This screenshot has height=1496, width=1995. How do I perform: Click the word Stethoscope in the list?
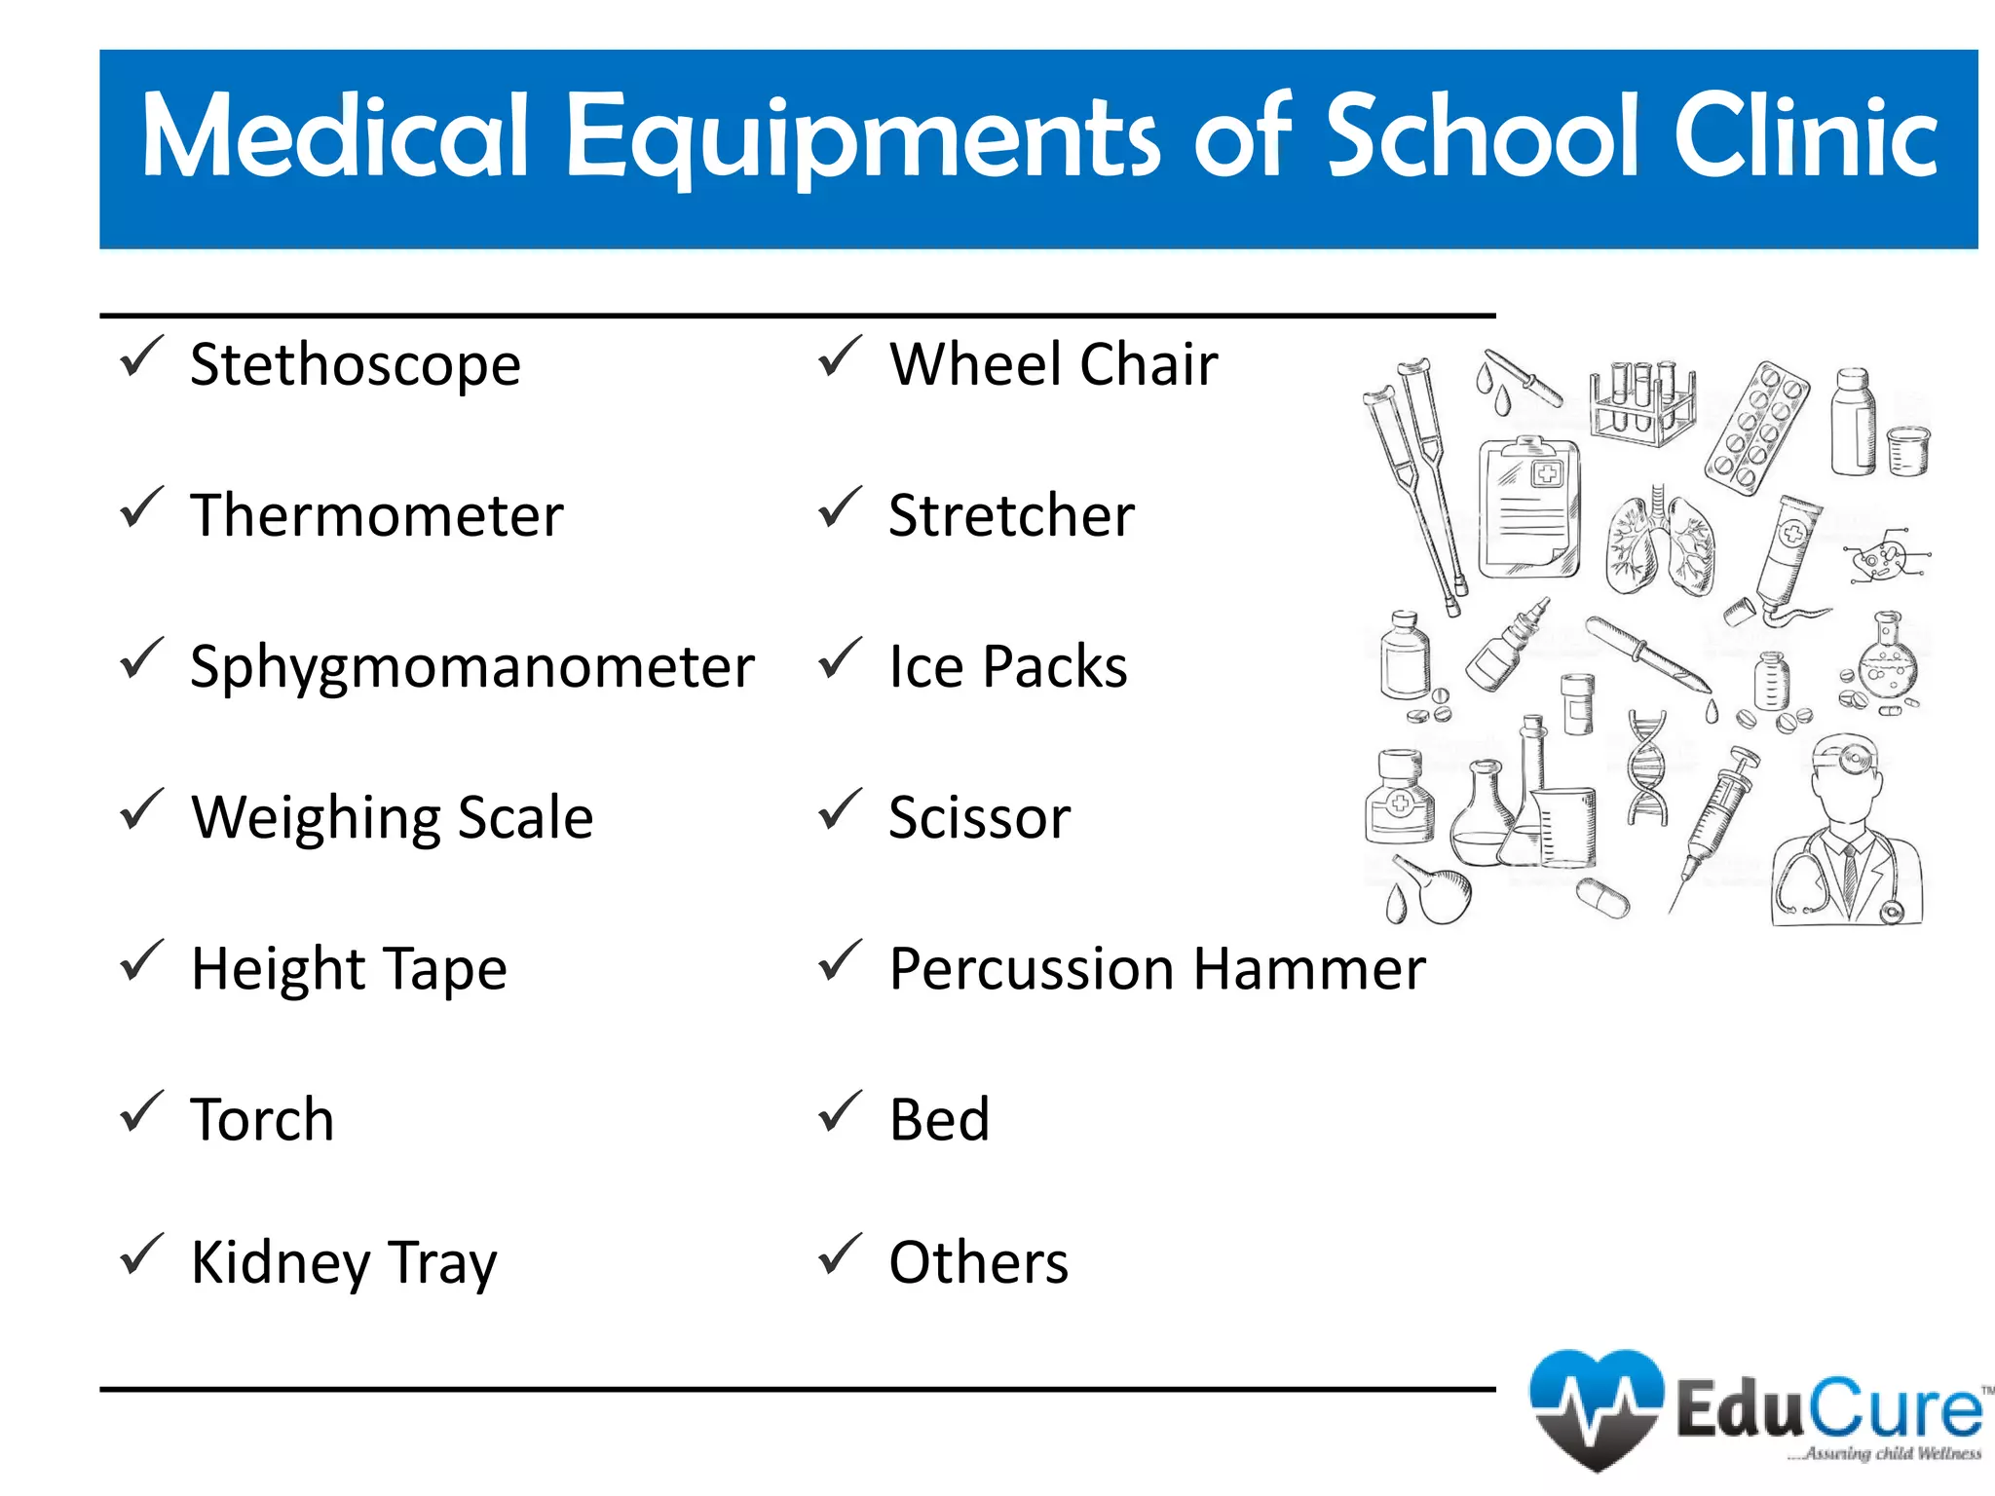coord(356,366)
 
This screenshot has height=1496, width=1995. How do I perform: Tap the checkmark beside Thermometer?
coord(140,508)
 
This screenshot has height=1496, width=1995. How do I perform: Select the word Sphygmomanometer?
coord(472,668)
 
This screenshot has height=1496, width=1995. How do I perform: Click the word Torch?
coord(262,1120)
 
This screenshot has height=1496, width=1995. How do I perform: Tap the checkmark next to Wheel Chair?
coord(840,357)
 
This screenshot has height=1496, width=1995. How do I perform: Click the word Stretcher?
coord(1011,516)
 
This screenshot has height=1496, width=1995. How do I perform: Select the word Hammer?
coord(1309,970)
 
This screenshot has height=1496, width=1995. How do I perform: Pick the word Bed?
coord(939,1120)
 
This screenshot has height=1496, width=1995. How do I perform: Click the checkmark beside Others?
coord(840,1254)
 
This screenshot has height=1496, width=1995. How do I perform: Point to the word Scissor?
coord(979,818)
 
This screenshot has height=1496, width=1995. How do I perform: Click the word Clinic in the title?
coord(1805,138)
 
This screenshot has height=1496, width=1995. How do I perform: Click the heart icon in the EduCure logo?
coord(1596,1406)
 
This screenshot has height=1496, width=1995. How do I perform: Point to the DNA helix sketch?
coord(1647,769)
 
